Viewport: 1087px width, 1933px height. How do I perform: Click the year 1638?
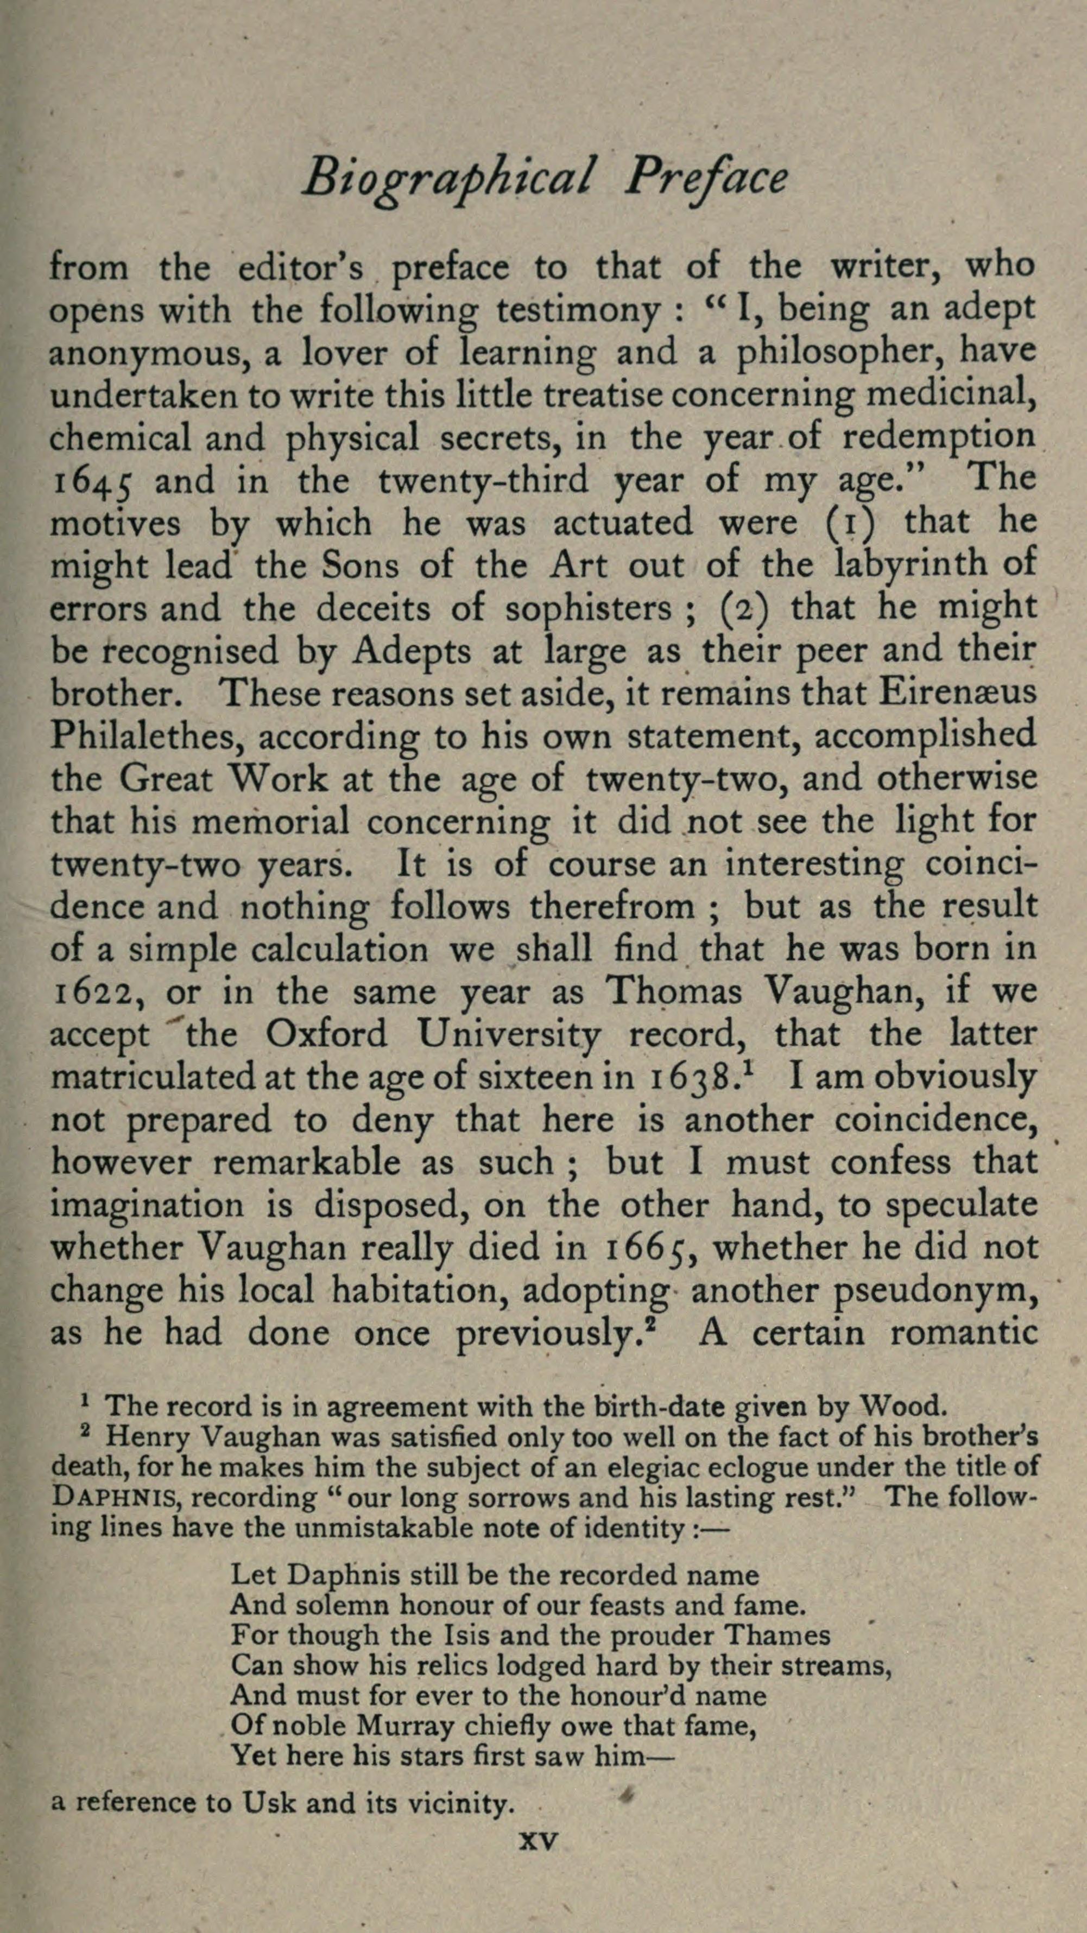[689, 1080]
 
